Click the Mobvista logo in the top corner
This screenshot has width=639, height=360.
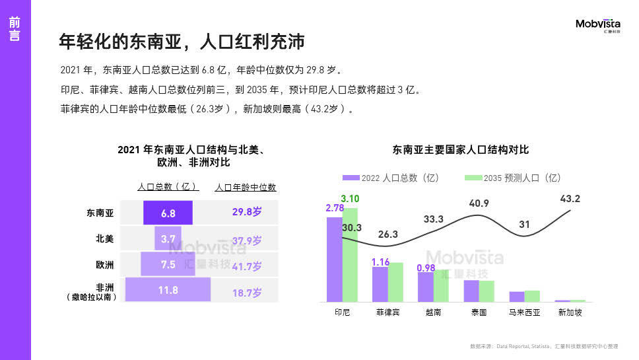click(598, 26)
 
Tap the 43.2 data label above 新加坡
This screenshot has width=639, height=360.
click(570, 199)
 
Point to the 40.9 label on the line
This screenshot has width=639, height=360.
click(479, 203)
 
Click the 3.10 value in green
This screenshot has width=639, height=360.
click(350, 199)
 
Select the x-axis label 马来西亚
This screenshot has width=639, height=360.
click(525, 312)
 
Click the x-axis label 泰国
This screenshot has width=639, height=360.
click(479, 312)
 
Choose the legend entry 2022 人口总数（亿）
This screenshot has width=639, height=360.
click(391, 178)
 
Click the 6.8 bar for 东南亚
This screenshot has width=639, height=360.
click(168, 213)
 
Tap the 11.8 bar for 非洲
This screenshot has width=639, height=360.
click(168, 290)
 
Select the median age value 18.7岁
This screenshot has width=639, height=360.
click(247, 293)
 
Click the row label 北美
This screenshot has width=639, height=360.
click(105, 239)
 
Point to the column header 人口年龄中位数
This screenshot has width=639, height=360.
click(246, 188)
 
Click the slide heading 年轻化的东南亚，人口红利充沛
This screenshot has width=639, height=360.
click(182, 42)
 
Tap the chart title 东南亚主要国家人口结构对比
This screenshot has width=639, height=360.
click(460, 150)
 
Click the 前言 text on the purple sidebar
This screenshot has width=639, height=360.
click(15, 29)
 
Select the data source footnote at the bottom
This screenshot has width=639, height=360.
click(543, 345)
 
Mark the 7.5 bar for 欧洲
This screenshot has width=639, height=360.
click(168, 265)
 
